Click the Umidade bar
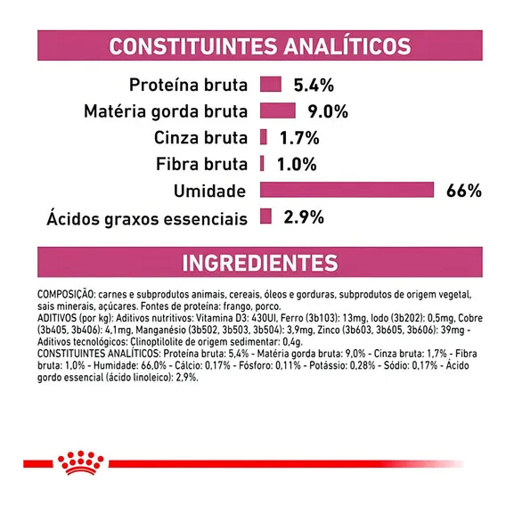pyautogui.click(x=347, y=190)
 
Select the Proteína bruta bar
pyautogui.click(x=271, y=85)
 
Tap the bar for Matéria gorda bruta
pyautogui.click(x=278, y=110)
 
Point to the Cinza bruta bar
pyautogui.click(x=264, y=137)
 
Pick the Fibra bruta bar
pyautogui.click(x=262, y=163)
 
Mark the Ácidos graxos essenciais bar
pyautogui.click(x=265, y=216)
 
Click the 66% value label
pyautogui.click(x=464, y=191)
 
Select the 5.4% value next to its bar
pyautogui.click(x=314, y=86)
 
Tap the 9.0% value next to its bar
pyautogui.click(x=328, y=111)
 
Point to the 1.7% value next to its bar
pyautogui.click(x=299, y=138)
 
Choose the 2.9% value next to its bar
pyautogui.click(x=304, y=217)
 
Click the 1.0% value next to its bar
pyautogui.click(x=297, y=164)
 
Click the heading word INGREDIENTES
pyautogui.click(x=260, y=263)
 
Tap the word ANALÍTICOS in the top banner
pyautogui.click(x=347, y=45)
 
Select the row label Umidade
pyautogui.click(x=209, y=191)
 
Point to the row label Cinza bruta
pyautogui.click(x=200, y=138)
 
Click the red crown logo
pyautogui.click(x=80, y=462)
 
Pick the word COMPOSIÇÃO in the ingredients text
pyautogui.click(x=66, y=294)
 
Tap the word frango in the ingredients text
pyautogui.click(x=238, y=306)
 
